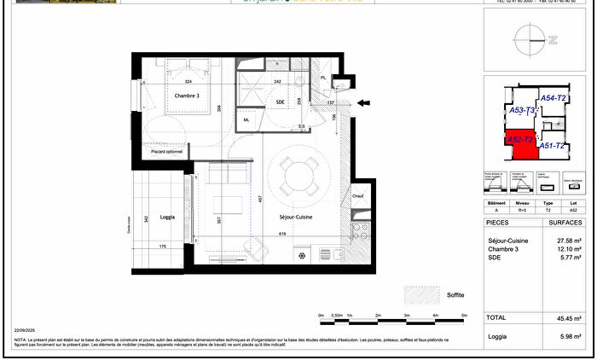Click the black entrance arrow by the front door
pyautogui.click(x=364, y=104)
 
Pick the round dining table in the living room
pyautogui.click(x=298, y=177)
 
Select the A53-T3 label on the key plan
pyautogui.click(x=521, y=111)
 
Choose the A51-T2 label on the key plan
pyautogui.click(x=553, y=146)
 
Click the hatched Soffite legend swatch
pyautogui.click(x=423, y=294)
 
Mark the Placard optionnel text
pyautogui.click(x=169, y=153)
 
